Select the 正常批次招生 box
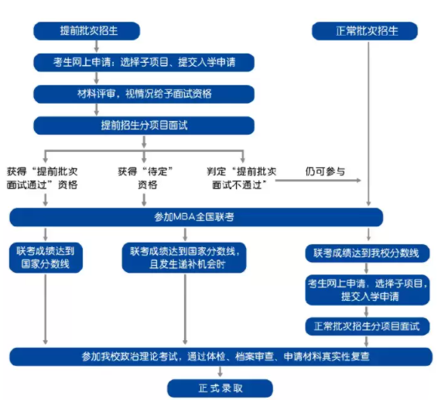[366, 31]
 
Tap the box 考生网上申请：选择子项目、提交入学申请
[143, 62]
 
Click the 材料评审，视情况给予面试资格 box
[143, 94]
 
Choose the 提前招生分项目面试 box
[143, 125]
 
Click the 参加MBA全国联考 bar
[196, 217]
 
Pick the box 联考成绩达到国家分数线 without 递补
[46, 257]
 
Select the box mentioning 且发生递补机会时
[184, 257]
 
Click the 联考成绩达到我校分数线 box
[366, 253]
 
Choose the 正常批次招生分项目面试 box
[366, 326]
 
